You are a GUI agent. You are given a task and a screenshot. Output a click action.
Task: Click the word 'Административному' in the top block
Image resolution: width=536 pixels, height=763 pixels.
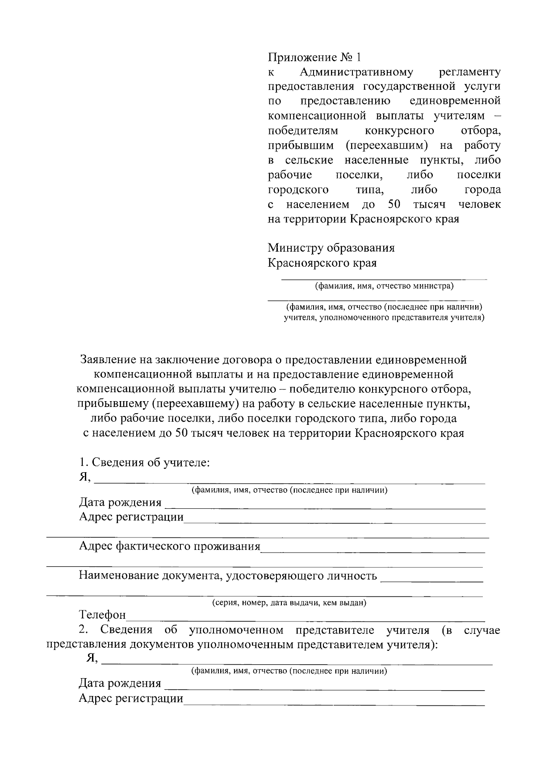click(356, 72)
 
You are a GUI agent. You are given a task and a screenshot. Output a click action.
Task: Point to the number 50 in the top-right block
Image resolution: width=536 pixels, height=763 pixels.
click(394, 205)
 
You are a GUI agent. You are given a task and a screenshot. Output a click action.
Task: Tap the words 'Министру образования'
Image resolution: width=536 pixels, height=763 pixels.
click(331, 247)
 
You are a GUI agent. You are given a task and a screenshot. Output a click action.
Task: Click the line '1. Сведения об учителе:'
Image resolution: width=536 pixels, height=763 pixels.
click(144, 462)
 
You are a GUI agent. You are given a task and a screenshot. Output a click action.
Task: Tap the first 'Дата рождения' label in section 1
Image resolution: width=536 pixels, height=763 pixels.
click(120, 503)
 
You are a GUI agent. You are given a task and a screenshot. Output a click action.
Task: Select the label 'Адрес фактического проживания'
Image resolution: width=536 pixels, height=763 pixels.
click(169, 546)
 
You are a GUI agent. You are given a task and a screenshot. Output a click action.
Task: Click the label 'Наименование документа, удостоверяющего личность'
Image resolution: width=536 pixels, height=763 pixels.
click(228, 575)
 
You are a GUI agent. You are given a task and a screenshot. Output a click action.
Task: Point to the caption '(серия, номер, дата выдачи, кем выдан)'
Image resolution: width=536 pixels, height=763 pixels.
click(289, 603)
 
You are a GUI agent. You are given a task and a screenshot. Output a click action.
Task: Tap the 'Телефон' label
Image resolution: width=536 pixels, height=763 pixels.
click(102, 615)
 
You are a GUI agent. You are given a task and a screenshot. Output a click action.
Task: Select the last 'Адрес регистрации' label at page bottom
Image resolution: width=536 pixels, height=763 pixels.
click(131, 698)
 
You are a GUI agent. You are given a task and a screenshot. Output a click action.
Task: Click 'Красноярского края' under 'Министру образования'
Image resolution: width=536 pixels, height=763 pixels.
click(322, 263)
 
